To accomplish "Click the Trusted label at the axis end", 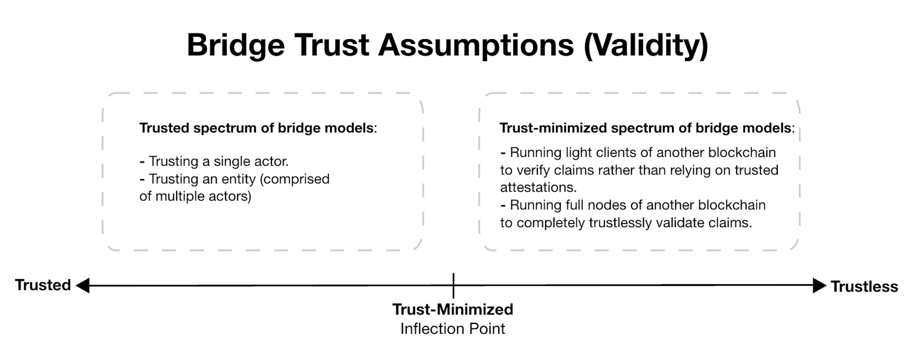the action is (x=43, y=285).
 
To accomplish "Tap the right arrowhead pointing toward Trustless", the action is (x=820, y=285).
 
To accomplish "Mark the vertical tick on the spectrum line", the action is (x=453, y=285).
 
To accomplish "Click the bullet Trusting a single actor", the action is (x=214, y=161).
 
